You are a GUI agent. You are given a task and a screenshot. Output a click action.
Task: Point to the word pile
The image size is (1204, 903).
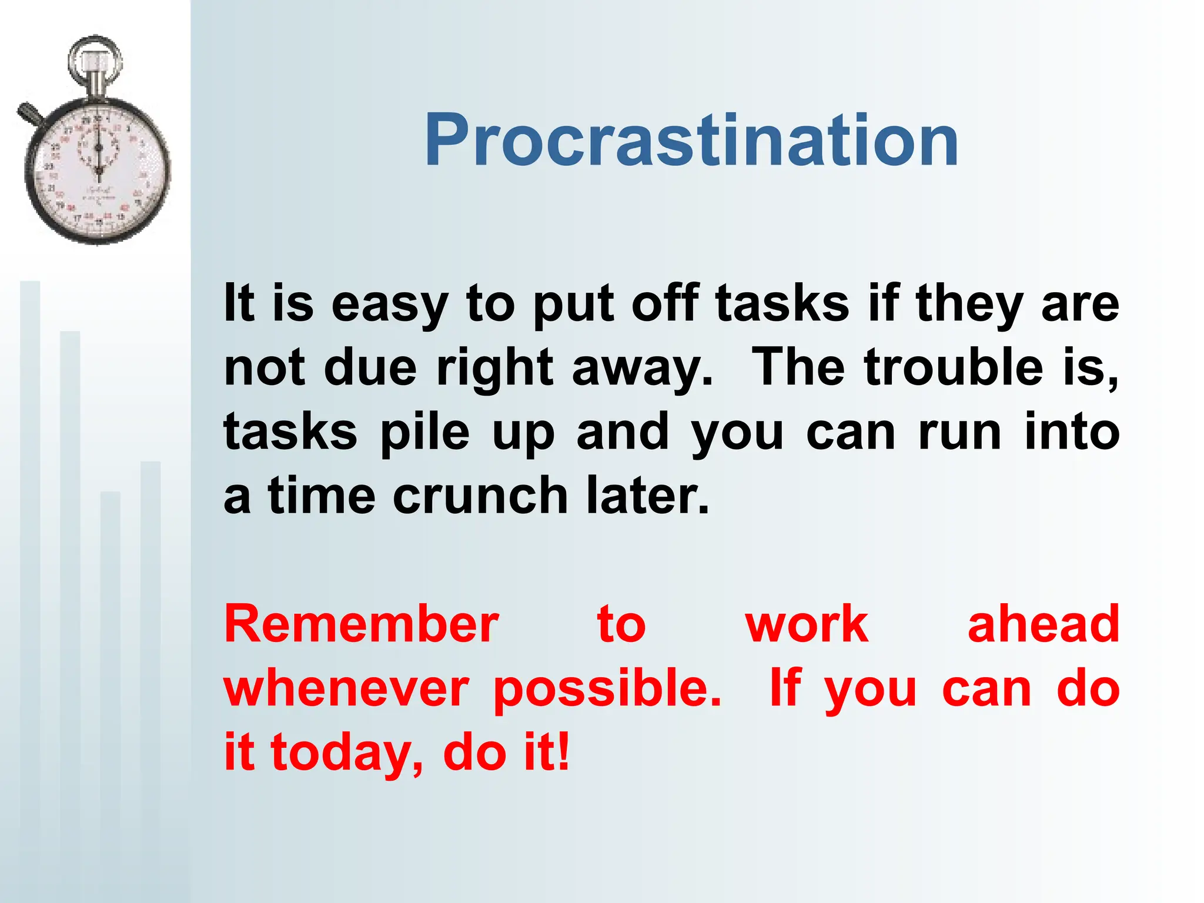[x=425, y=433]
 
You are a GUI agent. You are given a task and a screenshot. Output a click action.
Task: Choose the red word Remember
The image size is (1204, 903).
[x=362, y=624]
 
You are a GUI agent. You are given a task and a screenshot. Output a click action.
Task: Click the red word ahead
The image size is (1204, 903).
[x=1044, y=624]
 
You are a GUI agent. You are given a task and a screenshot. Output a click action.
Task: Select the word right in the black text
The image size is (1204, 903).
[x=494, y=369]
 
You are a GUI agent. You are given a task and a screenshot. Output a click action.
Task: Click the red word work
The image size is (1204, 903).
[x=807, y=624]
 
